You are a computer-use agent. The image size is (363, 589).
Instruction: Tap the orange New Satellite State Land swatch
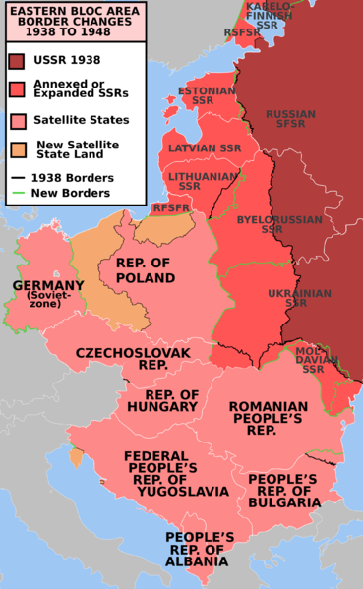click(18, 150)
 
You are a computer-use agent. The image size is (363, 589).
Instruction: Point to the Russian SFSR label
click(290, 120)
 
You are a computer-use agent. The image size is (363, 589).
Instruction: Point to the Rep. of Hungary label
click(163, 401)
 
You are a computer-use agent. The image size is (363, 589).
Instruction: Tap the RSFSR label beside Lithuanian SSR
click(170, 208)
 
